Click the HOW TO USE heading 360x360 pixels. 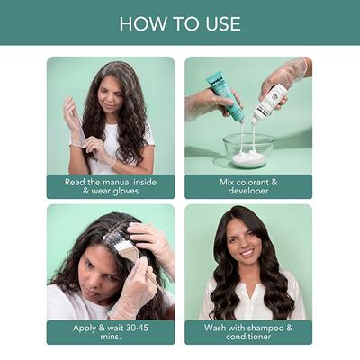pyautogui.click(x=180, y=23)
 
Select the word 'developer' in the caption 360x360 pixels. pyautogui.click(x=248, y=191)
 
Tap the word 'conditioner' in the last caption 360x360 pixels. pyautogui.click(x=248, y=337)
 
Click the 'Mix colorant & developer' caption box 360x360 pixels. pyautogui.click(x=248, y=185)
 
